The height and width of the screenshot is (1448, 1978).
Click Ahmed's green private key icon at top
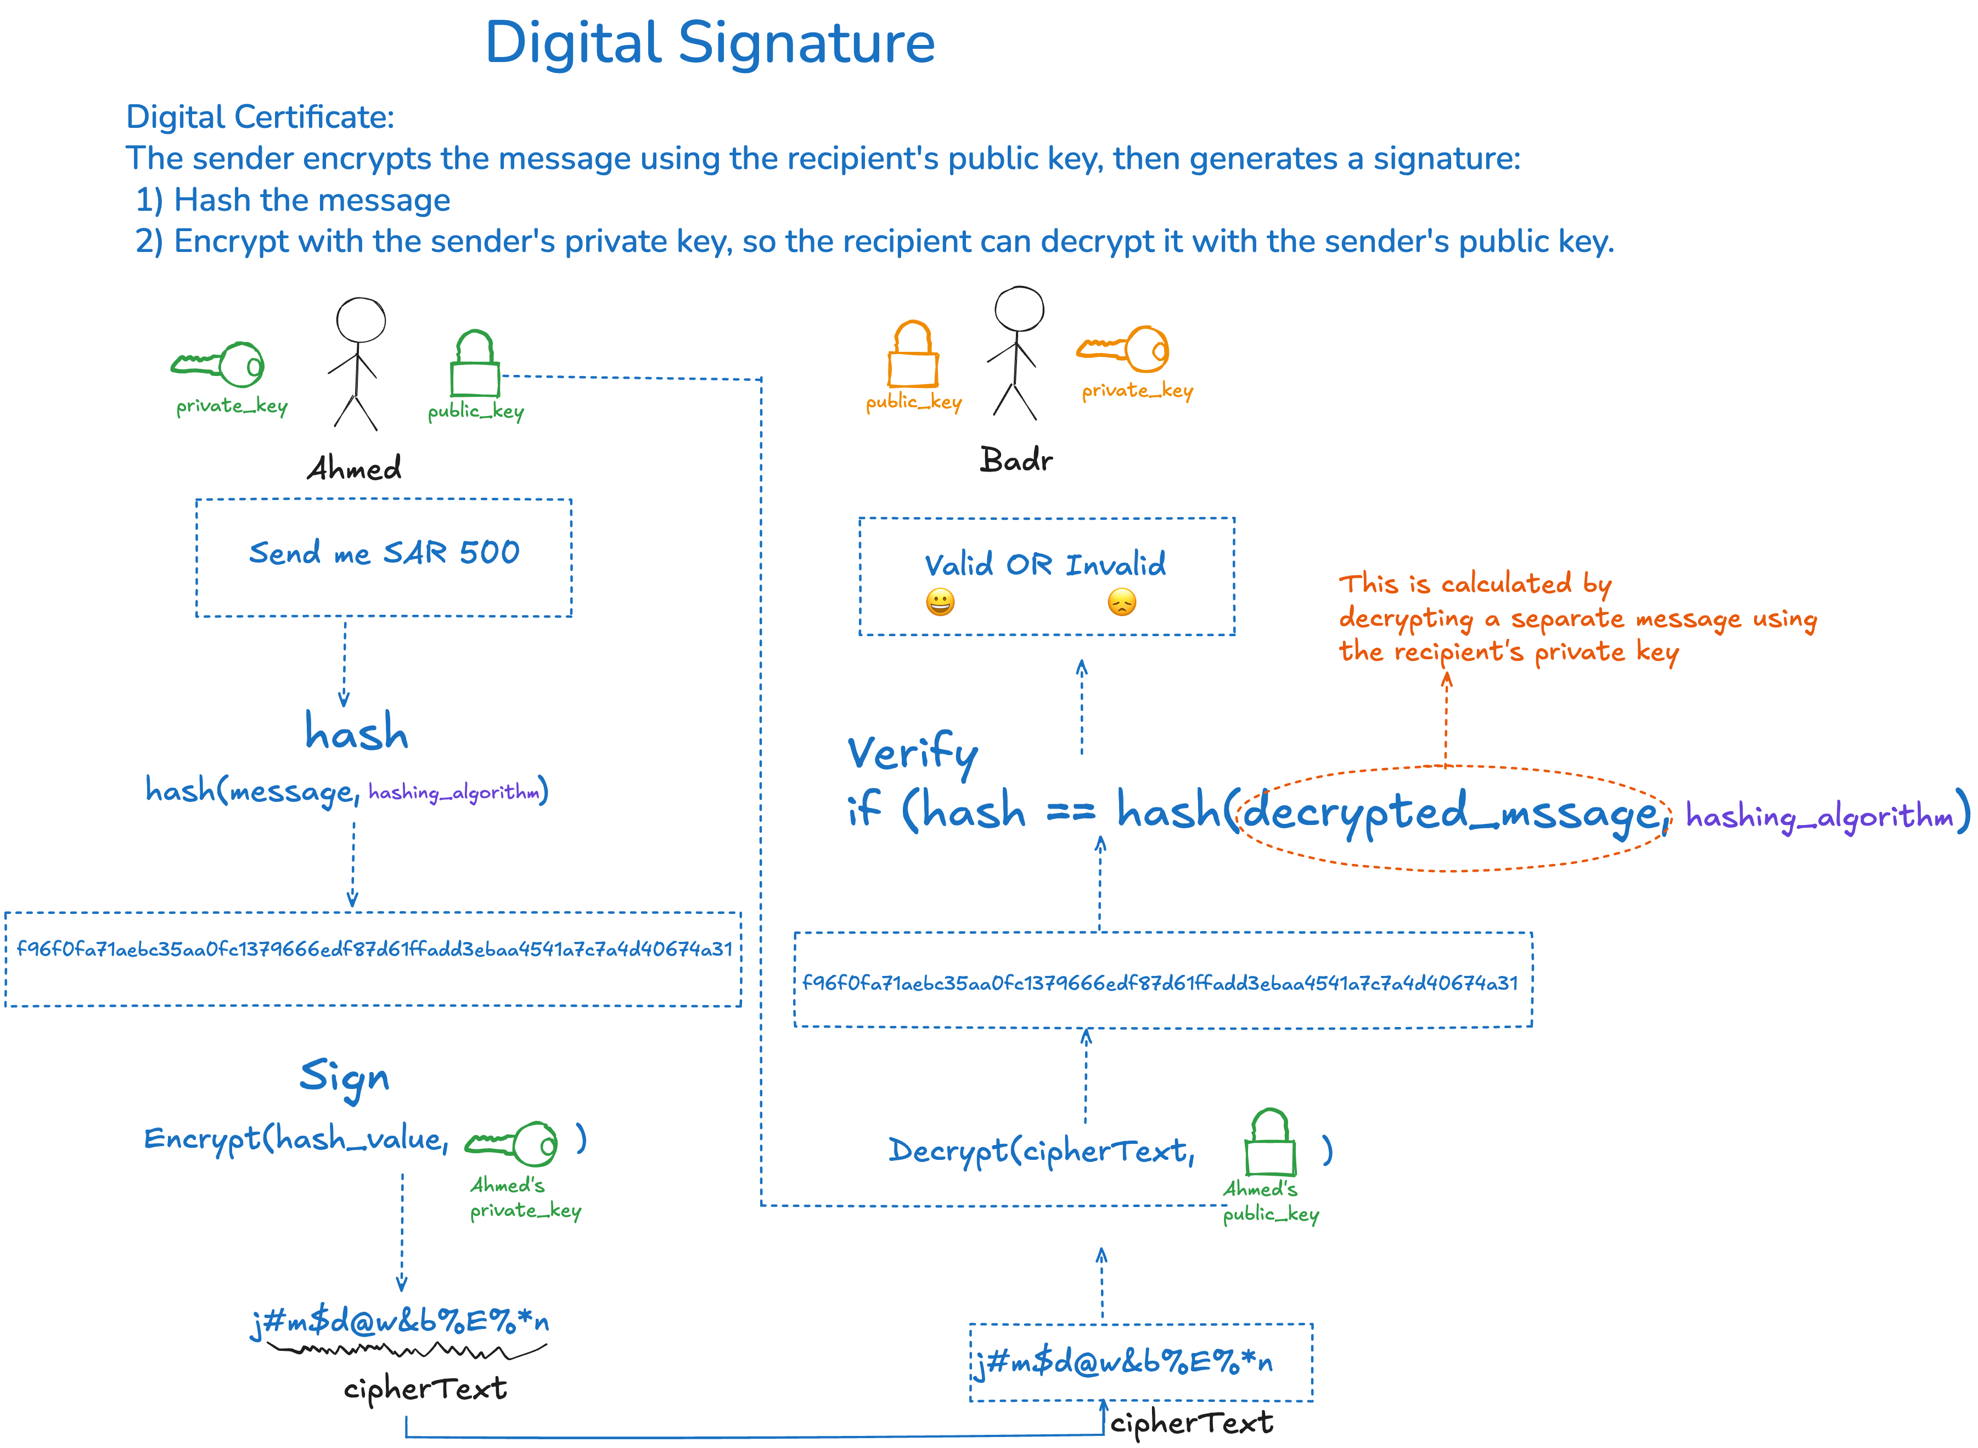tap(219, 364)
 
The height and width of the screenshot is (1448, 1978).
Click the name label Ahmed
tap(354, 468)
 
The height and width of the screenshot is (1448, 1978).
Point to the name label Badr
tap(1016, 460)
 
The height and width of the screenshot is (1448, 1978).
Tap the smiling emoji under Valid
tap(940, 603)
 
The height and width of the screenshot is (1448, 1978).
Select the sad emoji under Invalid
tap(1122, 603)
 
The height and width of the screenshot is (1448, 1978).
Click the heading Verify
tap(912, 754)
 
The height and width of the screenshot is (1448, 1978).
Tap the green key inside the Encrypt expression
tap(512, 1143)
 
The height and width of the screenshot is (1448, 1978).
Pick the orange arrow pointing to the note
tap(1446, 719)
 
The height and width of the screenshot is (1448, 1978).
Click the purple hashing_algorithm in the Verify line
tap(1819, 817)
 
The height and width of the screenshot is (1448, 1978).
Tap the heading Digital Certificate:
tap(260, 116)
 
